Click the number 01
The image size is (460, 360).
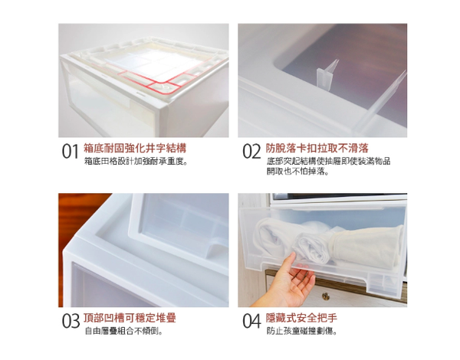click(71, 151)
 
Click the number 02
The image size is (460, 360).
click(251, 151)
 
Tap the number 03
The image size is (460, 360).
click(71, 321)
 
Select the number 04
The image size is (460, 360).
click(251, 321)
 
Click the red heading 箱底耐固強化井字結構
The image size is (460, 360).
click(135, 148)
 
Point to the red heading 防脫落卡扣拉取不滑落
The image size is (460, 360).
click(317, 148)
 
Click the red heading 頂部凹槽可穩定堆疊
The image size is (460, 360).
click(130, 318)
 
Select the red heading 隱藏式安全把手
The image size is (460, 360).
click(301, 318)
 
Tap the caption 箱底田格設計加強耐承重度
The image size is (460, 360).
click(136, 162)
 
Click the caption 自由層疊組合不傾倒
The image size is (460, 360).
click(123, 331)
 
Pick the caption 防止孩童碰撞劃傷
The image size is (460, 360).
click(302, 331)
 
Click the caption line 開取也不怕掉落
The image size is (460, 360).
click(297, 172)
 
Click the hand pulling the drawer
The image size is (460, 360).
click(284, 281)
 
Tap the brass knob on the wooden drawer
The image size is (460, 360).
click(326, 296)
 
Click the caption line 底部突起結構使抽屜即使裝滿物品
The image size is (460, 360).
click(328, 162)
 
